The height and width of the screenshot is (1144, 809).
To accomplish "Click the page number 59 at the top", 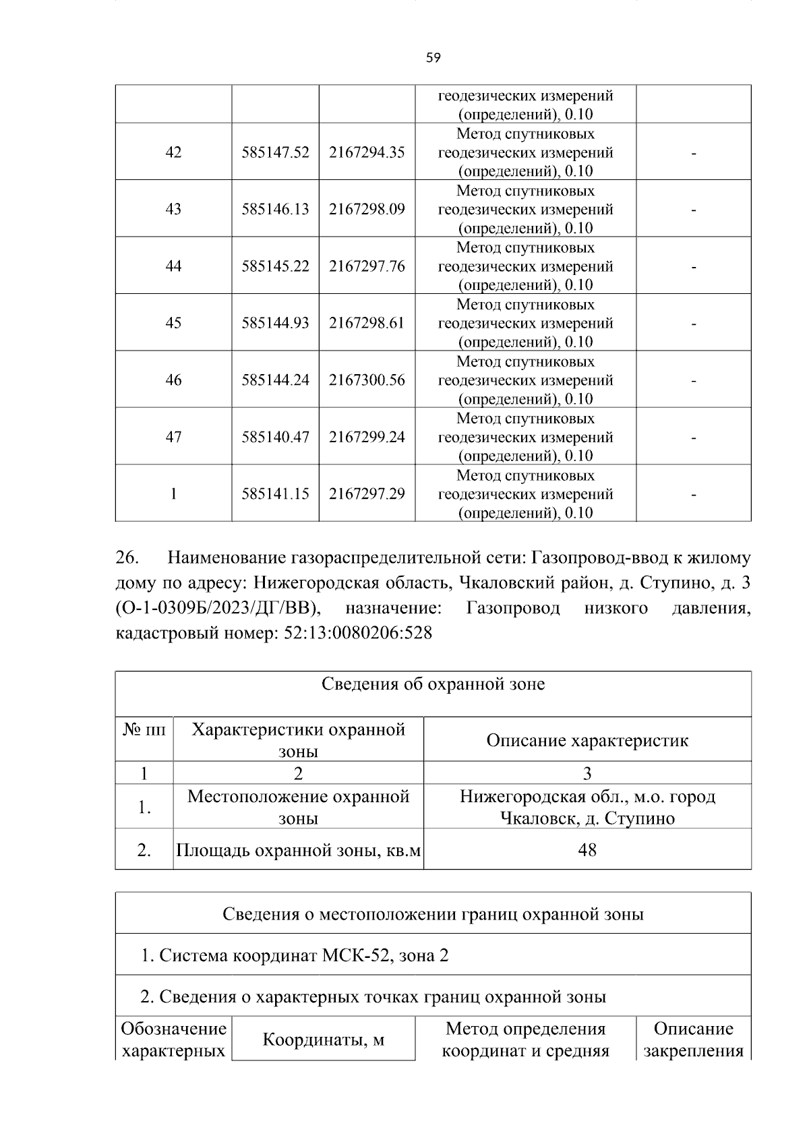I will coord(433,58).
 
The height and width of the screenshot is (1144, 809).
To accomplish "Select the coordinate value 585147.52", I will coord(275,152).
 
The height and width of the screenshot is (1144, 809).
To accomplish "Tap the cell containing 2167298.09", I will coord(367,209).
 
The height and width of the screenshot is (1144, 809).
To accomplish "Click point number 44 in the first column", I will coord(173,266).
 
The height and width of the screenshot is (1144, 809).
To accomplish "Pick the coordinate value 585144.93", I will coord(275,323).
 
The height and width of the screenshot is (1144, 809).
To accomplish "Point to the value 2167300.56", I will coord(367,380).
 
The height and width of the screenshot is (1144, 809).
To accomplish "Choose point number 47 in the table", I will coord(173,437).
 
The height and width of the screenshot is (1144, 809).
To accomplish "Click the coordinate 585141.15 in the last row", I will coord(275,494).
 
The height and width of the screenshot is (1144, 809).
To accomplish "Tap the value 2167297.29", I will coord(367,494).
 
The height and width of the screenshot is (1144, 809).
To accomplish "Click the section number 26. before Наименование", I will coord(127,558).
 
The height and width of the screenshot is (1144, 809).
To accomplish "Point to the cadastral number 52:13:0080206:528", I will coord(355,634).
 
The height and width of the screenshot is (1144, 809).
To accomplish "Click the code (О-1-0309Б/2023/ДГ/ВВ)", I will coord(218,609).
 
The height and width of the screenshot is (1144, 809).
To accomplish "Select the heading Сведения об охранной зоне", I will coord(433,684).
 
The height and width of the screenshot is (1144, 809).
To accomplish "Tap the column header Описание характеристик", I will coord(587,740).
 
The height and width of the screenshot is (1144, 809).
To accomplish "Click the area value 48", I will coord(587,849).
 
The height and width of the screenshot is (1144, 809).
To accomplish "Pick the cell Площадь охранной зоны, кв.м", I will coord(298,850).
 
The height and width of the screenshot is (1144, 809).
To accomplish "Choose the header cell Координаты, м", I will coord(323,1040).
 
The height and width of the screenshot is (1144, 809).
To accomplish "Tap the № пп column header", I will coord(144,729).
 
